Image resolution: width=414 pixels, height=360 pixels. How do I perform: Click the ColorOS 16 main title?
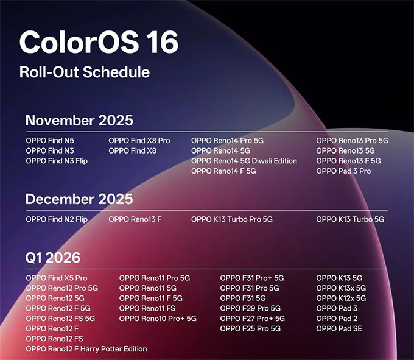[x=99, y=43]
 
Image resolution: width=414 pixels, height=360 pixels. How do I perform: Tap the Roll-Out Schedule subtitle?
[x=84, y=72]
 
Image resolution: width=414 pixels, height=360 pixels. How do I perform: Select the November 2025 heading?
[x=79, y=119]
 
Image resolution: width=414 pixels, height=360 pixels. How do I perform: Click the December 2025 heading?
[x=79, y=199]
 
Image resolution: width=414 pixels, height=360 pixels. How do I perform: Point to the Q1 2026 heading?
[x=53, y=258]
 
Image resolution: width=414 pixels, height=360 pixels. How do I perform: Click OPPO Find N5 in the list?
[x=50, y=140]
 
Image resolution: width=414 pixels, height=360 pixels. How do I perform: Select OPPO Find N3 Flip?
[x=57, y=161]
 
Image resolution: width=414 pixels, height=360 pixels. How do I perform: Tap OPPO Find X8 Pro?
[x=139, y=140]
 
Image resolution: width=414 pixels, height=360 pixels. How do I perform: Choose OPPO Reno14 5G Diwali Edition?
[x=244, y=161]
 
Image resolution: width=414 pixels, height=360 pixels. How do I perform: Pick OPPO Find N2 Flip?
[x=57, y=219]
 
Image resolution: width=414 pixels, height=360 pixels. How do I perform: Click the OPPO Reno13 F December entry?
[x=135, y=219]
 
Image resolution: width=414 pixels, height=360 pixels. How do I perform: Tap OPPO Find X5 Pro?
[x=57, y=278]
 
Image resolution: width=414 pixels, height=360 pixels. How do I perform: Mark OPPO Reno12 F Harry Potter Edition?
[x=86, y=349]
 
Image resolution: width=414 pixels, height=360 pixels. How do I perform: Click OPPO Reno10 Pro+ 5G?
[x=158, y=319]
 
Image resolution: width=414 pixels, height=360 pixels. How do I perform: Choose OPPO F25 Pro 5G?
[x=250, y=329]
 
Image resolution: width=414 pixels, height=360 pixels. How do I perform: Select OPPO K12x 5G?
[x=341, y=298]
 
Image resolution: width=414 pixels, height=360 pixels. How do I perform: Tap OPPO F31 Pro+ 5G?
[x=252, y=278]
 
